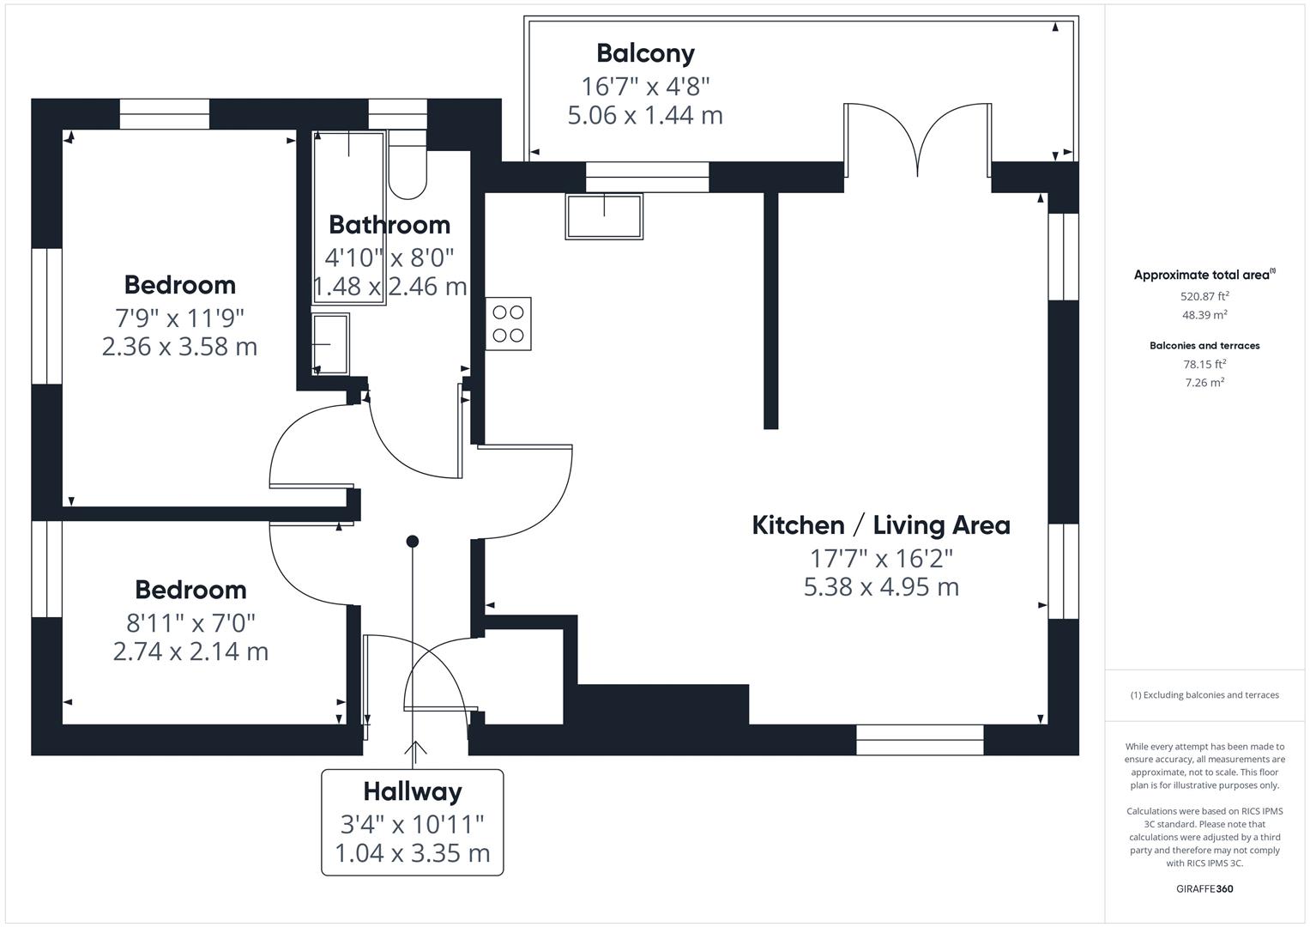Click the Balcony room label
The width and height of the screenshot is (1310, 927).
[645, 53]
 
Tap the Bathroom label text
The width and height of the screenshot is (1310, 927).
[389, 225]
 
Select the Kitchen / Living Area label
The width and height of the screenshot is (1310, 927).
[881, 525]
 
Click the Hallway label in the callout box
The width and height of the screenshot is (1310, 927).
[412, 791]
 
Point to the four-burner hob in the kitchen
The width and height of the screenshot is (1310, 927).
[508, 324]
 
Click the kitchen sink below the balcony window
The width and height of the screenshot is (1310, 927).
[604, 216]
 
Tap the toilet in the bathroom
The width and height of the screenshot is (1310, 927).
[407, 165]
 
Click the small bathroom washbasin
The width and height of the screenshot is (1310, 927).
[331, 344]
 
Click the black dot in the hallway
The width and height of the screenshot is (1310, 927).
[413, 542]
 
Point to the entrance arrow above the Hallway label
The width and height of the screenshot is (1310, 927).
[416, 751]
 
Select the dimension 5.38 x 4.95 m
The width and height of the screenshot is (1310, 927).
[881, 587]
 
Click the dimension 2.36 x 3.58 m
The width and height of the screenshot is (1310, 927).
[179, 347]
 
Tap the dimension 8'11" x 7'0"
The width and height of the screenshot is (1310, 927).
[190, 621]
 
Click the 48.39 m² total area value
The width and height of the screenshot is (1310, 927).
[1204, 315]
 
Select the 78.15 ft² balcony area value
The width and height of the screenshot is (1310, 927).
[1204, 364]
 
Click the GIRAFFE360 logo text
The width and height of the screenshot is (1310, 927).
[1204, 888]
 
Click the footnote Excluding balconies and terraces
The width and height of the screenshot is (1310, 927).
[1204, 695]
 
